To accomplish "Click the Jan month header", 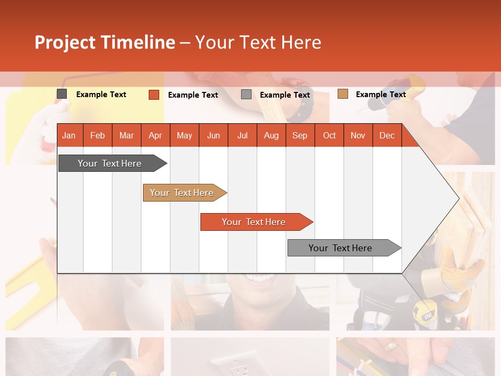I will tap(69, 135).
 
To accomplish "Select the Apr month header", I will tap(155, 135).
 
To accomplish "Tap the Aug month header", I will tap(271, 135).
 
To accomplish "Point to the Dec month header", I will tap(387, 135).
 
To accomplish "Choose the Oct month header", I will tap(329, 135).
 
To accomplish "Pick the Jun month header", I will tap(213, 135).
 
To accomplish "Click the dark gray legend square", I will tap(62, 94).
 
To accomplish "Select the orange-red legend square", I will tap(153, 95).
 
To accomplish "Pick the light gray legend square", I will tap(246, 95).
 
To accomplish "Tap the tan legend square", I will tap(342, 94).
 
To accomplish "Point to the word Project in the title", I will tap(65, 42).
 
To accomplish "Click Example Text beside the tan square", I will tap(380, 94).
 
